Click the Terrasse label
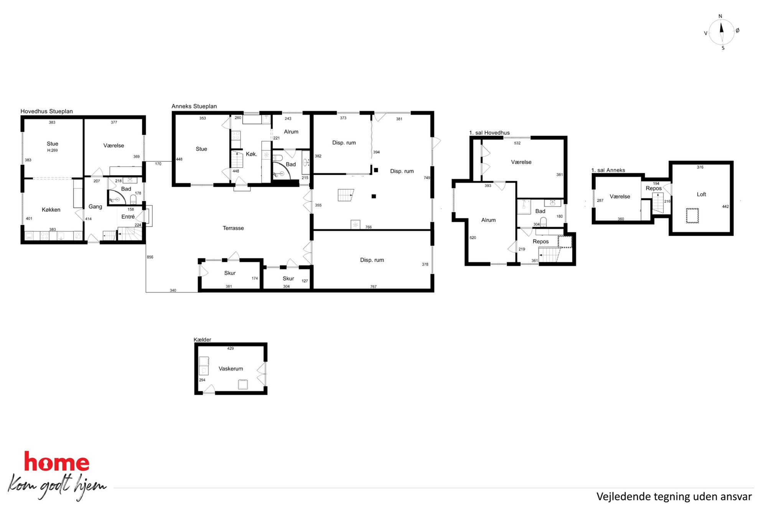point(233,228)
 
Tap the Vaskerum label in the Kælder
point(231,369)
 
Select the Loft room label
point(701,194)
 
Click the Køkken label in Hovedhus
point(51,210)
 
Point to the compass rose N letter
point(720,16)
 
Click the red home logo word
point(57,462)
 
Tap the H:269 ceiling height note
point(53,150)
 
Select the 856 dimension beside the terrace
point(150,257)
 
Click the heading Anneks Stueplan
point(194,106)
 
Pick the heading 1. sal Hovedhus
point(489,132)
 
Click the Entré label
point(128,217)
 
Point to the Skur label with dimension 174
point(230,273)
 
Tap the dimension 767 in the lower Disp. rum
point(373,286)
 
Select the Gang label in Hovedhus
point(95,207)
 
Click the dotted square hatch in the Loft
point(692,215)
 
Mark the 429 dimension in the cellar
point(230,348)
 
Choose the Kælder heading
point(202,339)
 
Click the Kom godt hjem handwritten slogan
point(57,486)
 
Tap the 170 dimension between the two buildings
point(158,164)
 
